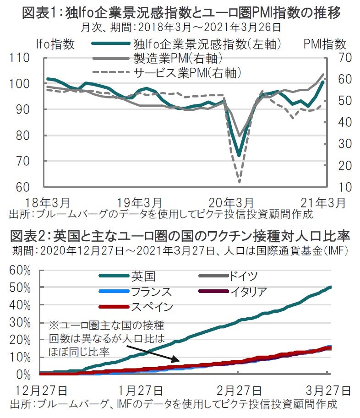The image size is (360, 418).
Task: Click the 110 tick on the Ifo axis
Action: click(x=18, y=58)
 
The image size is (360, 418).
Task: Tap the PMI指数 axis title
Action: click(x=324, y=44)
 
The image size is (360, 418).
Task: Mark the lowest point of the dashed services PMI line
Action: click(x=239, y=182)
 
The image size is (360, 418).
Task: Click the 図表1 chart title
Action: click(x=180, y=13)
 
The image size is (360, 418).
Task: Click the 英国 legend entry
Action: click(x=143, y=276)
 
